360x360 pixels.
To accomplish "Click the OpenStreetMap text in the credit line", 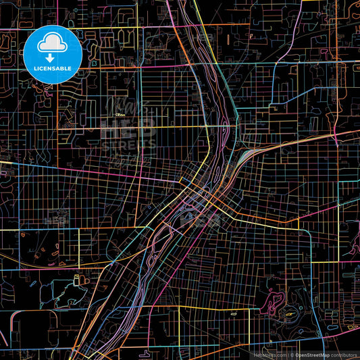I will (x=312, y=354).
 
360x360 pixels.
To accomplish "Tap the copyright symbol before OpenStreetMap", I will (x=292, y=354).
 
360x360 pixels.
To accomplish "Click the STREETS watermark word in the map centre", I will (x=128, y=144).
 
